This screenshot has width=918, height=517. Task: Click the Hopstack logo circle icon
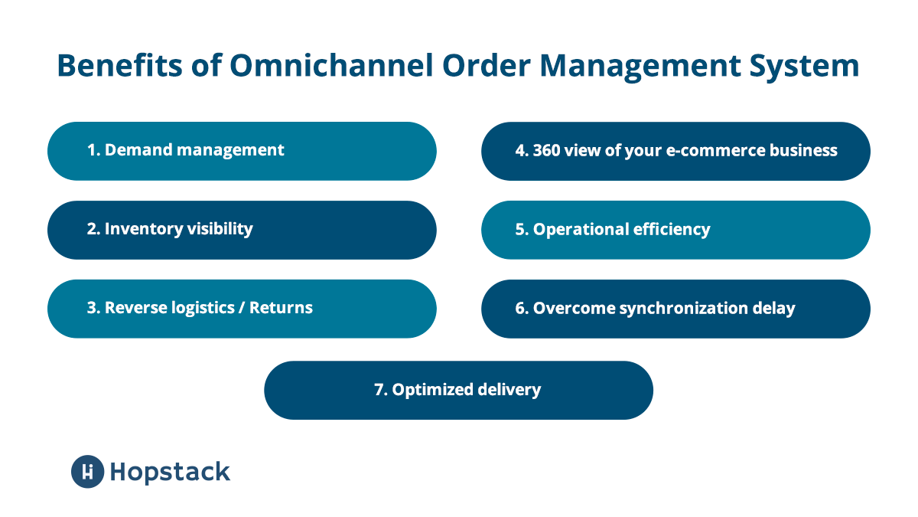pyautogui.click(x=87, y=471)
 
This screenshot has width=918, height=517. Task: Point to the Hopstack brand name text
pyautogui.click(x=170, y=472)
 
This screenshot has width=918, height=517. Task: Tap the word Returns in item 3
pyautogui.click(x=281, y=308)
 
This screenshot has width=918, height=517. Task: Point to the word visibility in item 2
pyautogui.click(x=218, y=228)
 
